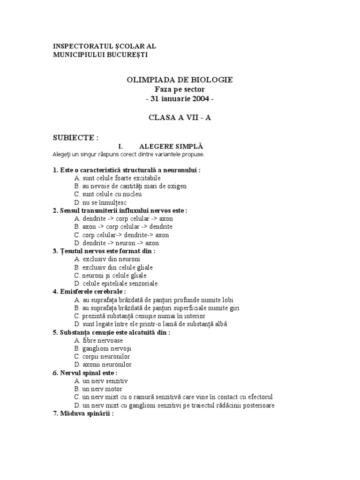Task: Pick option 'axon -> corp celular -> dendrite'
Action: [x=121, y=227]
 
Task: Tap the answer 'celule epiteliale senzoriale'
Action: [x=120, y=283]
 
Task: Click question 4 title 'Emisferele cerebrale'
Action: [x=91, y=292]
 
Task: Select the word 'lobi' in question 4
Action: [x=226, y=300]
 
